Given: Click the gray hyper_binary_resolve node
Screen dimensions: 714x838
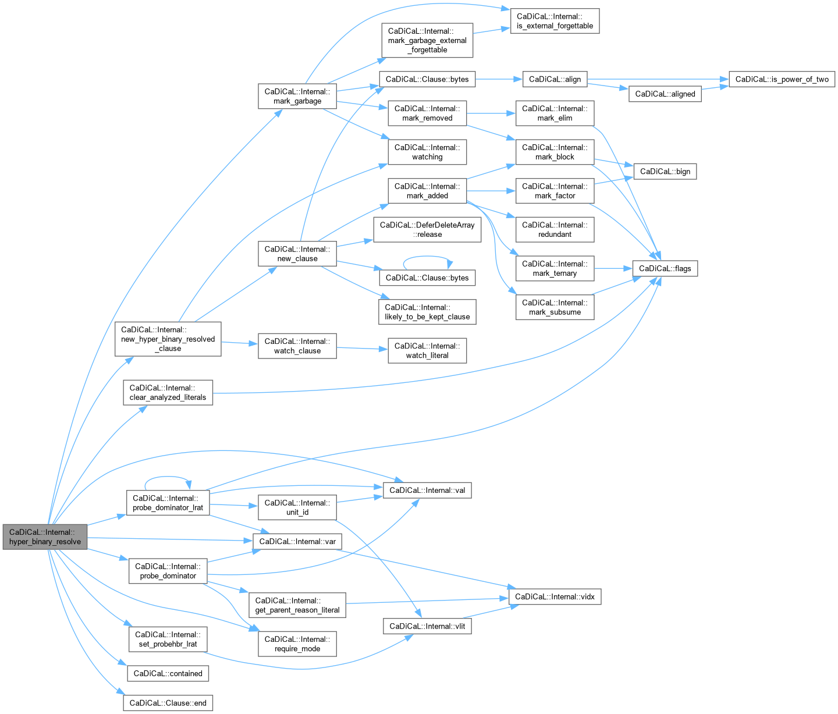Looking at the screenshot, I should click(x=45, y=537).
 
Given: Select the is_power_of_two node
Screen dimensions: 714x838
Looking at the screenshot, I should click(x=782, y=79).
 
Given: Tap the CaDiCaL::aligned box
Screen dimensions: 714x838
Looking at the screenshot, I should click(x=665, y=94).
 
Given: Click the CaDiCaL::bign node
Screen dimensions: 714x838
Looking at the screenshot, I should click(x=665, y=172).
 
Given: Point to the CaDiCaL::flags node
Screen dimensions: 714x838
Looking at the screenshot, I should click(x=665, y=268).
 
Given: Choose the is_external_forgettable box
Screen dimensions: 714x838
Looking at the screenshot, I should click(x=555, y=21).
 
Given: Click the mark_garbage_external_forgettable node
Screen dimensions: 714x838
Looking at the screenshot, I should click(x=427, y=40).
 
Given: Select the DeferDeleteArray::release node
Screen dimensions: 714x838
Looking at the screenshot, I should click(x=427, y=230).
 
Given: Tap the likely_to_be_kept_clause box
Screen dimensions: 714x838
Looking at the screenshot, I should click(x=427, y=312).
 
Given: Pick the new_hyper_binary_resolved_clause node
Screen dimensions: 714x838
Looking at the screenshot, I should click(x=168, y=339).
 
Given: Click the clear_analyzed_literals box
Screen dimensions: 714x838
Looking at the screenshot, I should click(x=168, y=392).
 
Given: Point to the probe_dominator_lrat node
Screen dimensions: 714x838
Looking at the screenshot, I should click(x=168, y=503).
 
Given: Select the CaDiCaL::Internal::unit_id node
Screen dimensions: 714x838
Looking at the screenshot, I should click(x=297, y=507).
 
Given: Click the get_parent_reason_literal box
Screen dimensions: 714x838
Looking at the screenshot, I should click(x=297, y=605).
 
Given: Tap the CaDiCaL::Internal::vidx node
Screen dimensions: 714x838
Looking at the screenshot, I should click(x=555, y=596).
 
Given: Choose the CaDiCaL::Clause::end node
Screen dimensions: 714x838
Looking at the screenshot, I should click(x=168, y=703).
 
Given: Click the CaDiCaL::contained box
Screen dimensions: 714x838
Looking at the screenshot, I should click(x=168, y=673).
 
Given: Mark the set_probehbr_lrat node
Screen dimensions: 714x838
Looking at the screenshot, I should click(x=168, y=639).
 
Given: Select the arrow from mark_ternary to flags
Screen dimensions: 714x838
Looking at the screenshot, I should click(x=613, y=268).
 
